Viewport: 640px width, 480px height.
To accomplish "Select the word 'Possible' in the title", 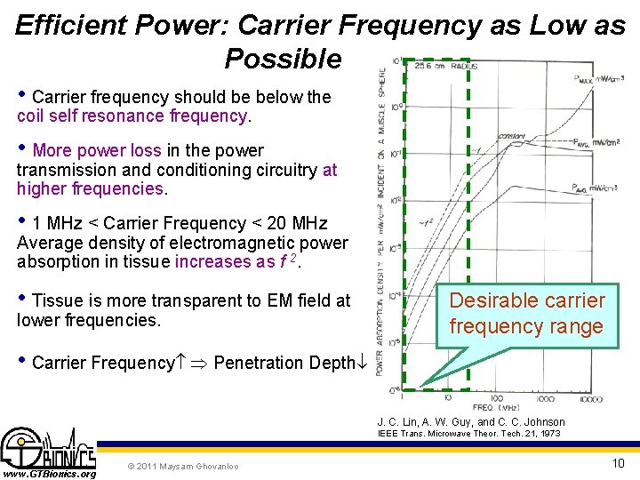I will pos(283,59).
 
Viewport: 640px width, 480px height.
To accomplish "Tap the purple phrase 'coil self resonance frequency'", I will pos(132,116).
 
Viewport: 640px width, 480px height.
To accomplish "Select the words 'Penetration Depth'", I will pos(284,363).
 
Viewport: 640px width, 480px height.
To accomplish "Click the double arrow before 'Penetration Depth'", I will pos(196,363).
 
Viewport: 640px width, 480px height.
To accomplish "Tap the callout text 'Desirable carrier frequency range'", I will pos(526,314).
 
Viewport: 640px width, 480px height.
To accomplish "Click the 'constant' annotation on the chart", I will pos(510,136).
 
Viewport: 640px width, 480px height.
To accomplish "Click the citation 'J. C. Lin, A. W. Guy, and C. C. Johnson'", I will pos(470,421).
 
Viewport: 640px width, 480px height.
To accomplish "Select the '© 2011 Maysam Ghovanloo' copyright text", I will pos(182,466).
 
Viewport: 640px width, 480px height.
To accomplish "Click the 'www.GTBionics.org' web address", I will pos(49,474).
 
